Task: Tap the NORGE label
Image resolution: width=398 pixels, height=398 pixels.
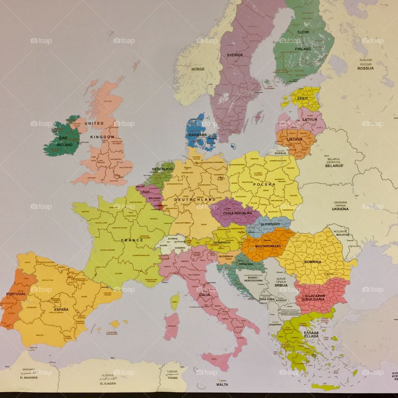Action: [198, 69]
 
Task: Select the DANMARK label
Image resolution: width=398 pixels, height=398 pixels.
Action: [197, 135]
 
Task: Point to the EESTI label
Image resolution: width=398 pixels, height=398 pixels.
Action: [303, 99]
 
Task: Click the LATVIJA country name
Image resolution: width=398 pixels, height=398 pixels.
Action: [309, 119]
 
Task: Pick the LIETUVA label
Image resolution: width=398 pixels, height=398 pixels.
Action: [295, 139]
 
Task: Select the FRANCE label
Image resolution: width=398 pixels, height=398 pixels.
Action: [132, 240]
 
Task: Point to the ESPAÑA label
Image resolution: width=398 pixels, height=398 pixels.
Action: [61, 309]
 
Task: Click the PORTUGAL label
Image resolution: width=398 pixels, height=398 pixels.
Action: [16, 294]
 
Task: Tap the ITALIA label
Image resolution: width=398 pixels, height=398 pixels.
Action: [204, 295]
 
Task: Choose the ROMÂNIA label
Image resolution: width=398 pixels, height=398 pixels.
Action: [312, 262]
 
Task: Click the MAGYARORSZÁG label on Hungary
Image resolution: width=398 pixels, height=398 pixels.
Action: [268, 246]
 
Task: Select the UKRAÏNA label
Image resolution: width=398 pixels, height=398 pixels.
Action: [340, 209]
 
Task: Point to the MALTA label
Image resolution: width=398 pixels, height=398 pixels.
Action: [222, 384]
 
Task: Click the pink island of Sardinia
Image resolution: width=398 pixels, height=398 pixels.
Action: [171, 326]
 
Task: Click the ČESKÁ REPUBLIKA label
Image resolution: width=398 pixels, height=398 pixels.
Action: [238, 213]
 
